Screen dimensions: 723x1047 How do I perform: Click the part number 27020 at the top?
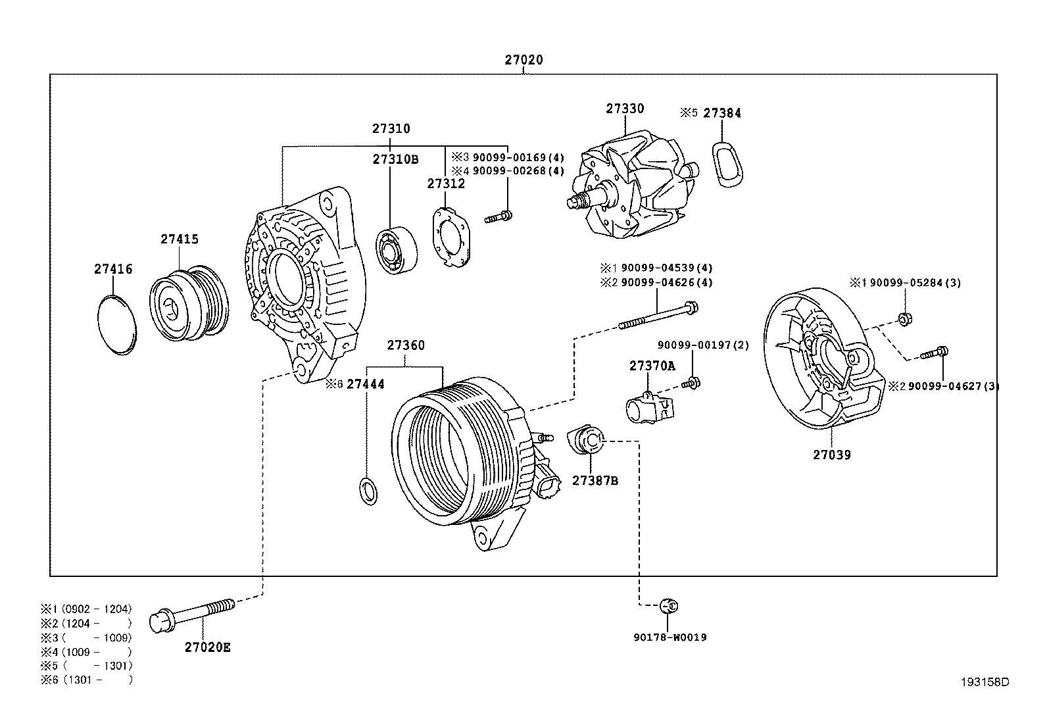click(523, 60)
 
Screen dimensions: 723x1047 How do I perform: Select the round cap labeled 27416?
click(118, 325)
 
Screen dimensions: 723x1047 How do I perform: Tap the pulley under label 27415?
click(188, 303)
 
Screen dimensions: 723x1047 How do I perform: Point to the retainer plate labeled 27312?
click(453, 237)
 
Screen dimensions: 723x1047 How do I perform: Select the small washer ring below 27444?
click(370, 491)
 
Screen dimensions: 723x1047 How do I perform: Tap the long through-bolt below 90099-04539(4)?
click(658, 316)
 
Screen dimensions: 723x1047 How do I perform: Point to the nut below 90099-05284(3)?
click(905, 320)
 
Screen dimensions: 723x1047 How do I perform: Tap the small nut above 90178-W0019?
click(668, 605)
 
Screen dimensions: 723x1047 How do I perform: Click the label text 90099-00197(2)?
click(702, 345)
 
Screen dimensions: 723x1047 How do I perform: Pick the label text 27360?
click(405, 345)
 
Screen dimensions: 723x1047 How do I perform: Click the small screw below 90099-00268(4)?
click(499, 216)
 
